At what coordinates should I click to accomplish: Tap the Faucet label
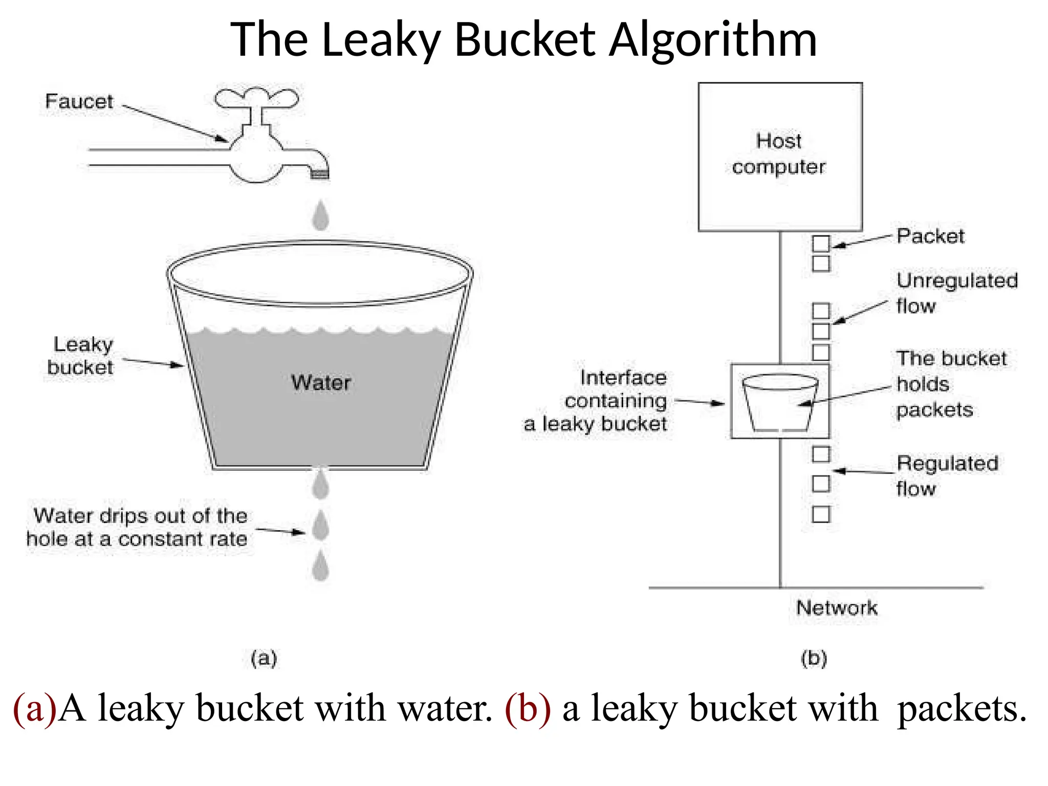click(x=79, y=101)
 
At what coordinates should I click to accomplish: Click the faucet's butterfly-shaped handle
click(x=256, y=98)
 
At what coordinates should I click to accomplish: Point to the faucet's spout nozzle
click(x=320, y=174)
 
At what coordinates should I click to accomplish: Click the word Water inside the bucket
click(x=321, y=383)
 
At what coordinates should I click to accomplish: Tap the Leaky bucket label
click(x=81, y=356)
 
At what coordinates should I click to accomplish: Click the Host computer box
click(x=780, y=157)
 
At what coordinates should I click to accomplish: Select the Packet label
click(x=930, y=236)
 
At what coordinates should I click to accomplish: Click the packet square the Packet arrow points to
click(x=821, y=244)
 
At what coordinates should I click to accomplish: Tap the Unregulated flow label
click(x=956, y=293)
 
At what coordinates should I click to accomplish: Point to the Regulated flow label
click(x=947, y=475)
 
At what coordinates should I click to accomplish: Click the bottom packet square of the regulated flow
click(x=821, y=514)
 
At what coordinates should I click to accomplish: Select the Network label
click(x=837, y=608)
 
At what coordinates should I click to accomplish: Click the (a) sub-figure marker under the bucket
click(x=264, y=658)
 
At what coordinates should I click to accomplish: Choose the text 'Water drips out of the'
click(x=141, y=516)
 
